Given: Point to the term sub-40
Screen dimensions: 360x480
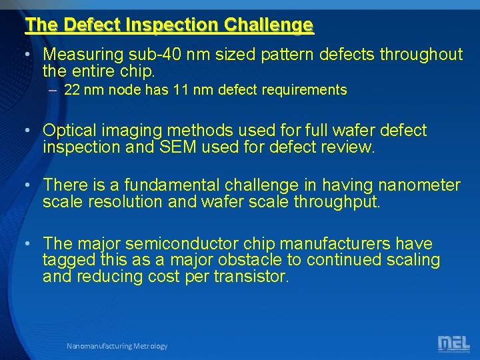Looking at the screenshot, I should coord(163,54).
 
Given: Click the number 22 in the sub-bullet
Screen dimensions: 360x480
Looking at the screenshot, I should coord(71,90).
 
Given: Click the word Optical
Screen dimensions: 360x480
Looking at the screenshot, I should coord(69,131).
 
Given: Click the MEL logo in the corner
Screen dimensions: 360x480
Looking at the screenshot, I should coord(453,343).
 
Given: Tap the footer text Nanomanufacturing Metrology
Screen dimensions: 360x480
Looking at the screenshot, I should coord(117,346).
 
